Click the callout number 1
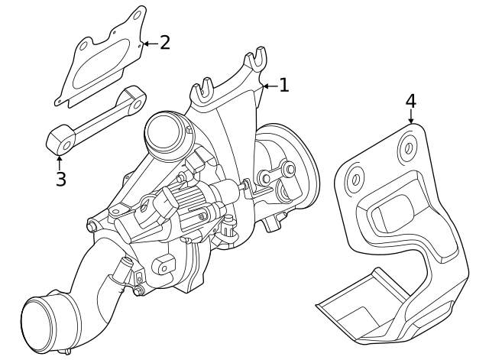[x=283, y=85]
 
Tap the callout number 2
[x=164, y=43]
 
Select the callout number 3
[x=60, y=179]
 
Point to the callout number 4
[x=410, y=100]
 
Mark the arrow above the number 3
[x=60, y=161]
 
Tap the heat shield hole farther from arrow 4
[x=355, y=180]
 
